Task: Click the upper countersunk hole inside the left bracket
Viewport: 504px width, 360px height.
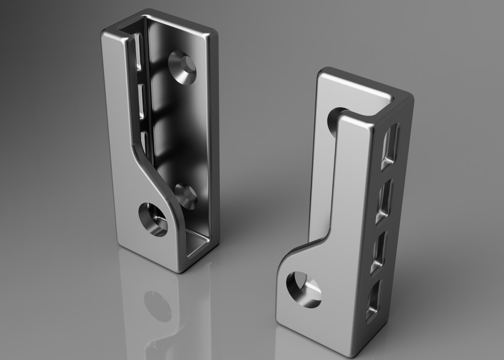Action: (182, 67)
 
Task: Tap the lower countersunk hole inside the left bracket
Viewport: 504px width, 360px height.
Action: (186, 196)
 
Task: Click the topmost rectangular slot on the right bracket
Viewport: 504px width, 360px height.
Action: (389, 146)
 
